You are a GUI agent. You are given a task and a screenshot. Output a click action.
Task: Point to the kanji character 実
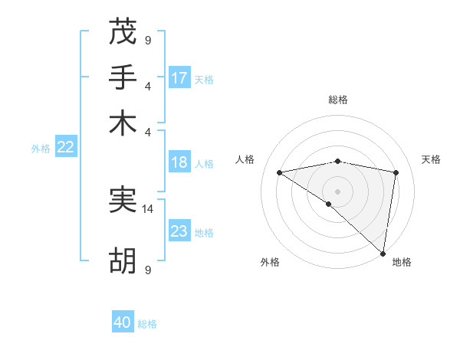click(123, 200)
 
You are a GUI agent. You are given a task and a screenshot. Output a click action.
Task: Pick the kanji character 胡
click(123, 260)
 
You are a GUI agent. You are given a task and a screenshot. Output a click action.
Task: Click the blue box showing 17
click(179, 78)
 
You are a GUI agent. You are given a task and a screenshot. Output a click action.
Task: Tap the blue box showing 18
click(179, 162)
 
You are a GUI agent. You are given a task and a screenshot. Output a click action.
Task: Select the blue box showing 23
click(179, 231)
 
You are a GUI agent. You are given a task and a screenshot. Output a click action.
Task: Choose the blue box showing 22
click(65, 148)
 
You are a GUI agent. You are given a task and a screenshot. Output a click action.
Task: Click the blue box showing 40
click(123, 322)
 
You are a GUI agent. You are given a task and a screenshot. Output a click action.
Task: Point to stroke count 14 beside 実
click(148, 208)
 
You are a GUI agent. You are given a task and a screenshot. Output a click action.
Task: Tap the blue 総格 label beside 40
click(147, 324)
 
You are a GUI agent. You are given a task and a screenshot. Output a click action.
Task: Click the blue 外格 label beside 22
click(40, 149)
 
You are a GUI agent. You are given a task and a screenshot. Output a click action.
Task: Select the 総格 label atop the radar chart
click(338, 100)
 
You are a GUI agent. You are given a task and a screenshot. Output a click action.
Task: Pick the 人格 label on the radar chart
click(245, 159)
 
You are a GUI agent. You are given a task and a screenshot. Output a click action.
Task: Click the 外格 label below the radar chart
click(270, 262)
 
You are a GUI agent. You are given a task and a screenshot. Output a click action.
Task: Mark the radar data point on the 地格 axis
click(383, 254)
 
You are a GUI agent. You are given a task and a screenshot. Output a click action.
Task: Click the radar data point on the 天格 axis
click(396, 172)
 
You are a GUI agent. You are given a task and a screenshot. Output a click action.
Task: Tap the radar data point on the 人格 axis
click(279, 172)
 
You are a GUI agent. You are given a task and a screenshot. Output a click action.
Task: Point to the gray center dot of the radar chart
click(338, 190)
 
